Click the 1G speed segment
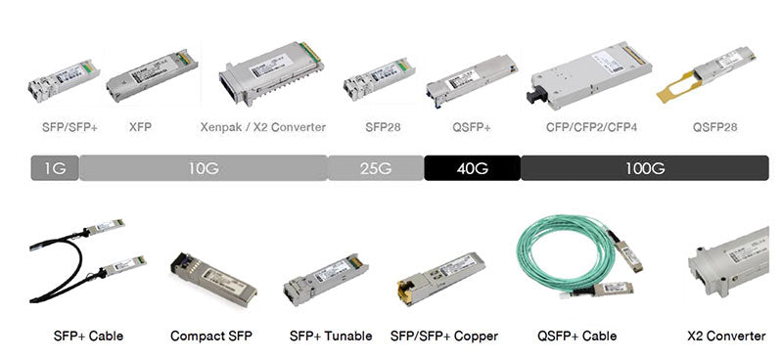(55, 168)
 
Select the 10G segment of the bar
(203, 168)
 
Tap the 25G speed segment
(375, 168)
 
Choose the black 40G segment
(472, 168)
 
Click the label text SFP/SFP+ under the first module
(69, 127)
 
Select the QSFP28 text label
(714, 127)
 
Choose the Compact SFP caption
(210, 337)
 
